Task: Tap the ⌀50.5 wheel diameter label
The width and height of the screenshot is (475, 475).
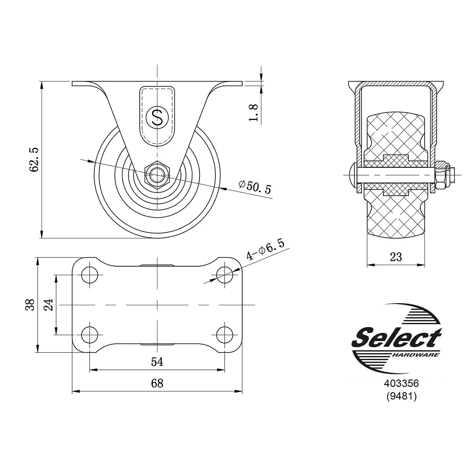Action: click(255, 187)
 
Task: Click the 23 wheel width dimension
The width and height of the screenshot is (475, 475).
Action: click(396, 257)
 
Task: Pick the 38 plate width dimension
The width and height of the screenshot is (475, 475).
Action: click(30, 305)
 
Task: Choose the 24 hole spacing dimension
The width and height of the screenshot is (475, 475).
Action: click(49, 305)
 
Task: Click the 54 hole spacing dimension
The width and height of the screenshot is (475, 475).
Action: click(157, 362)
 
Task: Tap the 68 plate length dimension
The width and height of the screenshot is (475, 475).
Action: click(157, 383)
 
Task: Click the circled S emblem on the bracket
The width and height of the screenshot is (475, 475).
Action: click(157, 117)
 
